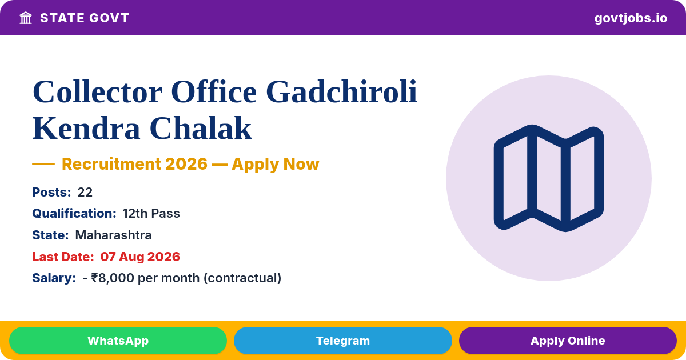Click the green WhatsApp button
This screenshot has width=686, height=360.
(x=118, y=341)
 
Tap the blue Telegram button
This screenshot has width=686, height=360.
(x=342, y=341)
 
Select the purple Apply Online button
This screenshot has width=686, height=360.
(x=568, y=341)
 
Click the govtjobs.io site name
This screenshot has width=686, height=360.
(x=631, y=18)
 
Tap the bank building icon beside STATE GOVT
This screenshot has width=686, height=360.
(x=26, y=18)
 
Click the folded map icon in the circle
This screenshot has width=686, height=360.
(x=548, y=178)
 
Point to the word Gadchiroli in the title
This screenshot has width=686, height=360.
(x=341, y=92)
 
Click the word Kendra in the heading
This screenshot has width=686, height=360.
(x=86, y=128)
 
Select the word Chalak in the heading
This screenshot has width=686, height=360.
(x=201, y=128)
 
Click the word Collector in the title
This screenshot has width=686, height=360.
(x=97, y=92)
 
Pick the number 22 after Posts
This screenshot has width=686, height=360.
(x=85, y=192)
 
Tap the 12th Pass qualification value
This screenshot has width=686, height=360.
(x=151, y=213)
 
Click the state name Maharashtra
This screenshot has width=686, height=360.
(x=113, y=235)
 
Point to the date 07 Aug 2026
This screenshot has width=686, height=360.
(x=140, y=257)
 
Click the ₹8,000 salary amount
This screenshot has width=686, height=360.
(x=113, y=278)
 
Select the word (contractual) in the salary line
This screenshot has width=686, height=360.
(x=242, y=278)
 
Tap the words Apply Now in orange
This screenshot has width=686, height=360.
(x=276, y=164)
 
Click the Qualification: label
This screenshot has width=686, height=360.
(x=74, y=213)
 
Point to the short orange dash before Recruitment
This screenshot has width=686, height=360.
(x=43, y=164)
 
